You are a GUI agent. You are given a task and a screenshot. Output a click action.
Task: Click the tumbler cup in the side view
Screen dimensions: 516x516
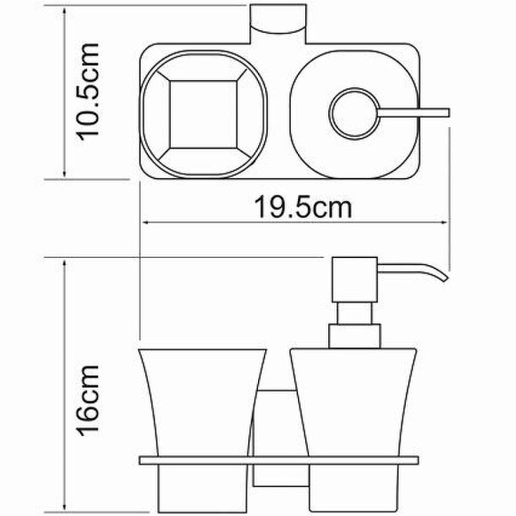[203, 400]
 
